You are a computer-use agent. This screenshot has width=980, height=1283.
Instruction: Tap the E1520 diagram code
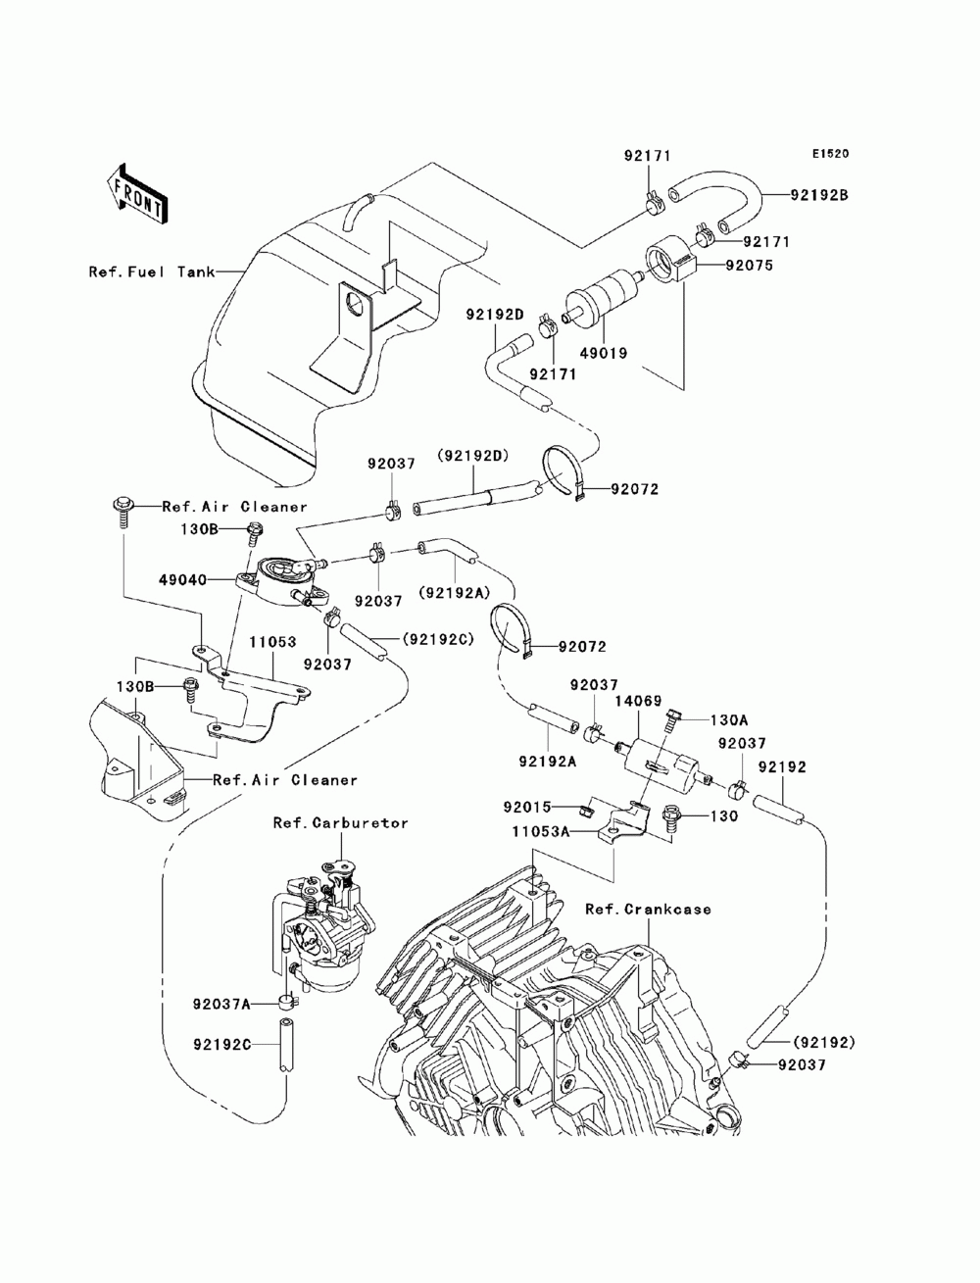pyautogui.click(x=830, y=154)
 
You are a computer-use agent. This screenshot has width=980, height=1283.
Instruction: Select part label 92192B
pyautogui.click(x=818, y=195)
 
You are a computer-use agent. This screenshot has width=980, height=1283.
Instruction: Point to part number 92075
pyautogui.click(x=749, y=266)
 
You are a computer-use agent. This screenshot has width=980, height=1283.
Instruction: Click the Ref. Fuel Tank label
pyautogui.click(x=151, y=271)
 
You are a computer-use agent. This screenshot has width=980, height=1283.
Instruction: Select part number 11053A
pyautogui.click(x=540, y=831)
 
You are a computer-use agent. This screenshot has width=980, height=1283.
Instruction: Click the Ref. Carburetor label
pyautogui.click(x=341, y=822)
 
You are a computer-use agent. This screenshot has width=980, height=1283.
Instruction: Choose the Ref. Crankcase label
pyautogui.click(x=648, y=909)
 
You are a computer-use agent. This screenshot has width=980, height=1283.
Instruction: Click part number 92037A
pyautogui.click(x=220, y=1005)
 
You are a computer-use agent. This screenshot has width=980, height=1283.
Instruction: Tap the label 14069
pyautogui.click(x=638, y=701)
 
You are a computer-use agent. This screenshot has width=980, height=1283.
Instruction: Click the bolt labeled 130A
pyautogui.click(x=672, y=720)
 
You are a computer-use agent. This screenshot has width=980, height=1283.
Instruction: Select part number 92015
pyautogui.click(x=527, y=808)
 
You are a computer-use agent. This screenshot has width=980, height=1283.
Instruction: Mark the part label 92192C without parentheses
pyautogui.click(x=222, y=1044)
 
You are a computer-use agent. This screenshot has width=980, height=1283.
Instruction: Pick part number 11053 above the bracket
pyautogui.click(x=272, y=642)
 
